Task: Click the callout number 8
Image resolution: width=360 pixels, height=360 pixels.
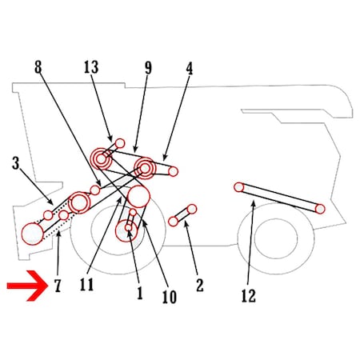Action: [38, 66]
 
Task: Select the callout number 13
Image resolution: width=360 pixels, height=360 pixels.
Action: [91, 67]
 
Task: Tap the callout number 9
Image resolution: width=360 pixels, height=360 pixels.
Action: [148, 68]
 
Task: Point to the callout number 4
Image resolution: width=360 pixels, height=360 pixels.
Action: [189, 69]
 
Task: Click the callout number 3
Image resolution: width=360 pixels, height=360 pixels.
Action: [16, 162]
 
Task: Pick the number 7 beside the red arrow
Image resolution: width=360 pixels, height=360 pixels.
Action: [58, 286]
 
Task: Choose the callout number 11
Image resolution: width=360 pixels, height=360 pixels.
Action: [86, 284]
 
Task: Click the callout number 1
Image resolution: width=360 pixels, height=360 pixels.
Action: [140, 293]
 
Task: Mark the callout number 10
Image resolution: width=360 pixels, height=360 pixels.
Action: [170, 297]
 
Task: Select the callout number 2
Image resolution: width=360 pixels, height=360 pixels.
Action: [200, 285]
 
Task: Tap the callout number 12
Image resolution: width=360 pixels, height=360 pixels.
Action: [249, 295]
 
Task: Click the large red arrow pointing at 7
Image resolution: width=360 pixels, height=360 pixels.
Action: [27, 286]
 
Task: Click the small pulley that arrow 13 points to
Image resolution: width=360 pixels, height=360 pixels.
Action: [120, 143]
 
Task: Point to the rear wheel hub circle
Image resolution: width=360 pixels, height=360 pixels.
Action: [276, 238]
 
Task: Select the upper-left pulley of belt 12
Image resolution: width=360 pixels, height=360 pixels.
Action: [239, 187]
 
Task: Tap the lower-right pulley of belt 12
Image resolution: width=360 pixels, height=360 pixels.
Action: [320, 209]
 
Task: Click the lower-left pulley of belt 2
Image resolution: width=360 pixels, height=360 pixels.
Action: [174, 222]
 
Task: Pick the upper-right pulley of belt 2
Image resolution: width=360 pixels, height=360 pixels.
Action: [192, 209]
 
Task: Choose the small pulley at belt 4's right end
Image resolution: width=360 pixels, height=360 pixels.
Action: [173, 171]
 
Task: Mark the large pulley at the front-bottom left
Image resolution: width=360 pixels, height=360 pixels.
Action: [33, 234]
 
